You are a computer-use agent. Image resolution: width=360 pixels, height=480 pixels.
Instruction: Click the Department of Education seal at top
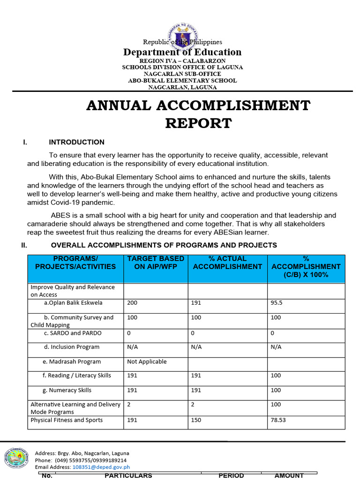point(182,35)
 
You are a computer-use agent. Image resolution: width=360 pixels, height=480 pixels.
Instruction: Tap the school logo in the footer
point(16,459)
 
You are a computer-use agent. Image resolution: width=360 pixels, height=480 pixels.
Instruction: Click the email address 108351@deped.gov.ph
point(101,467)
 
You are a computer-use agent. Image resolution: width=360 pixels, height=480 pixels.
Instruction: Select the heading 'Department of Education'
point(182,52)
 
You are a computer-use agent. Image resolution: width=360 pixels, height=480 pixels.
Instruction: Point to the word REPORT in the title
point(198,123)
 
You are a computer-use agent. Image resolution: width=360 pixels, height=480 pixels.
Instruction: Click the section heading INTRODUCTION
point(76,142)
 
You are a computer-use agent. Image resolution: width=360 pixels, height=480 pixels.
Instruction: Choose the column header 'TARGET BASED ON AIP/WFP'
point(156,262)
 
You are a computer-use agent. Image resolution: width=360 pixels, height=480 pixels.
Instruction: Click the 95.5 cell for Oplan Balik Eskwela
point(277,303)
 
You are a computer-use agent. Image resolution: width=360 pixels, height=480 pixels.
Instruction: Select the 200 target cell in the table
point(132,303)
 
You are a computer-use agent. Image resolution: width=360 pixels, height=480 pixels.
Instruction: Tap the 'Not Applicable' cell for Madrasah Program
point(147,361)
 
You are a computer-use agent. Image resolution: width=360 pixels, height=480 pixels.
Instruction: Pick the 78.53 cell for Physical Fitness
point(278,420)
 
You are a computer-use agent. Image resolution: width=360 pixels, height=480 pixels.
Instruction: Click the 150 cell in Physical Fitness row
point(196,420)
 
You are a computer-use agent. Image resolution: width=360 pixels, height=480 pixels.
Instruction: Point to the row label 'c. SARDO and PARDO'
point(73,333)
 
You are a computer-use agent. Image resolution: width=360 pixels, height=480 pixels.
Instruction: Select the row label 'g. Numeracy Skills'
point(68,390)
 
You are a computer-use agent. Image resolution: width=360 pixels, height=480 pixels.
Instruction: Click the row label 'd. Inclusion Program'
point(72,347)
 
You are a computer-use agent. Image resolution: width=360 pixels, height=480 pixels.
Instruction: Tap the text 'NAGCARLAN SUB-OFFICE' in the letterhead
point(182,74)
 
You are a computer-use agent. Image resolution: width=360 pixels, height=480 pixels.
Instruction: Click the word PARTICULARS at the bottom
point(128,475)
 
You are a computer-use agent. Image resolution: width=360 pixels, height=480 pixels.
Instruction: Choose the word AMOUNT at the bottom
point(289,475)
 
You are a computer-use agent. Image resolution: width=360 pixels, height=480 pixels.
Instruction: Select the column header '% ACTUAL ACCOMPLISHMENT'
point(227,262)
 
